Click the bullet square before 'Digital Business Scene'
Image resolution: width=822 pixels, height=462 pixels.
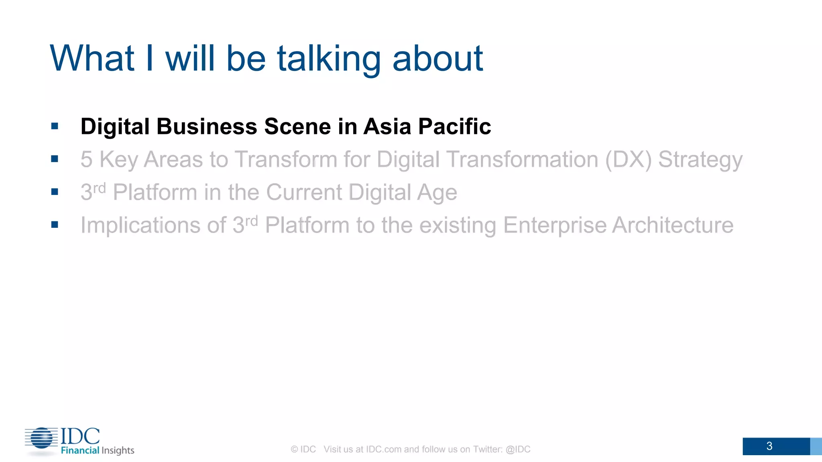click(55, 127)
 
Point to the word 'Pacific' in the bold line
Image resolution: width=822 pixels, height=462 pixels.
click(454, 127)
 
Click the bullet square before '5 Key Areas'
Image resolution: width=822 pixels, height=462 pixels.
click(55, 159)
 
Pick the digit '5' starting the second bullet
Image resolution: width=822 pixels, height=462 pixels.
click(86, 160)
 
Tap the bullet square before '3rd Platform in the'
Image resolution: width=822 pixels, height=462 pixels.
click(55, 192)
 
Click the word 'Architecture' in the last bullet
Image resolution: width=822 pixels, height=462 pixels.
click(673, 225)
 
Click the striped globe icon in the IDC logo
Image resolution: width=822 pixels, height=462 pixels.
click(41, 438)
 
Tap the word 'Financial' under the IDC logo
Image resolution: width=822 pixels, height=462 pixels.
click(80, 450)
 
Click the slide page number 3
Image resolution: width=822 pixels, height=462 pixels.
click(769, 446)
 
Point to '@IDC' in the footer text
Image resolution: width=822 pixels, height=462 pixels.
click(518, 450)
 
